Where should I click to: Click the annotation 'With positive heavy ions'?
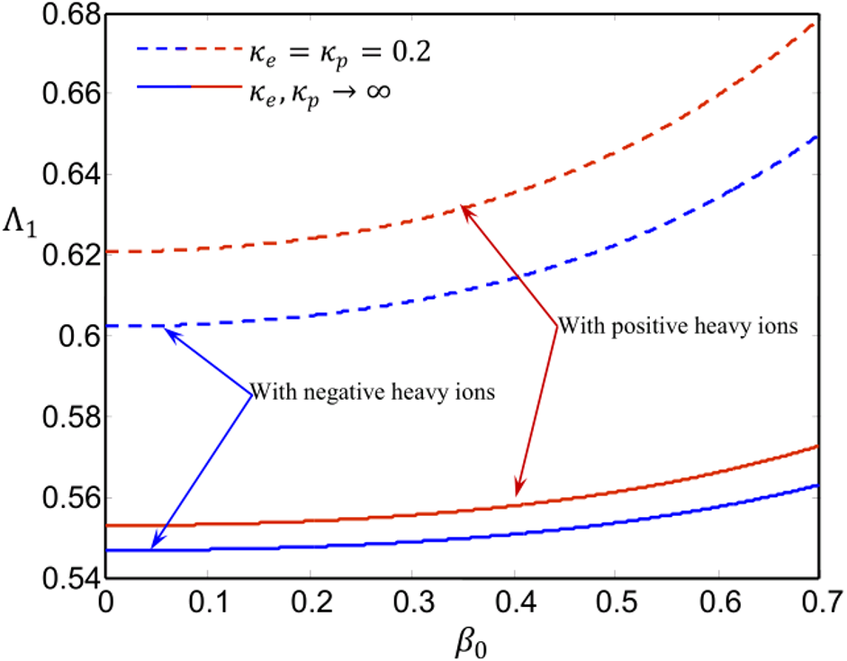coord(677,326)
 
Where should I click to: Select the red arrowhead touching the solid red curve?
coord(518,491)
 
